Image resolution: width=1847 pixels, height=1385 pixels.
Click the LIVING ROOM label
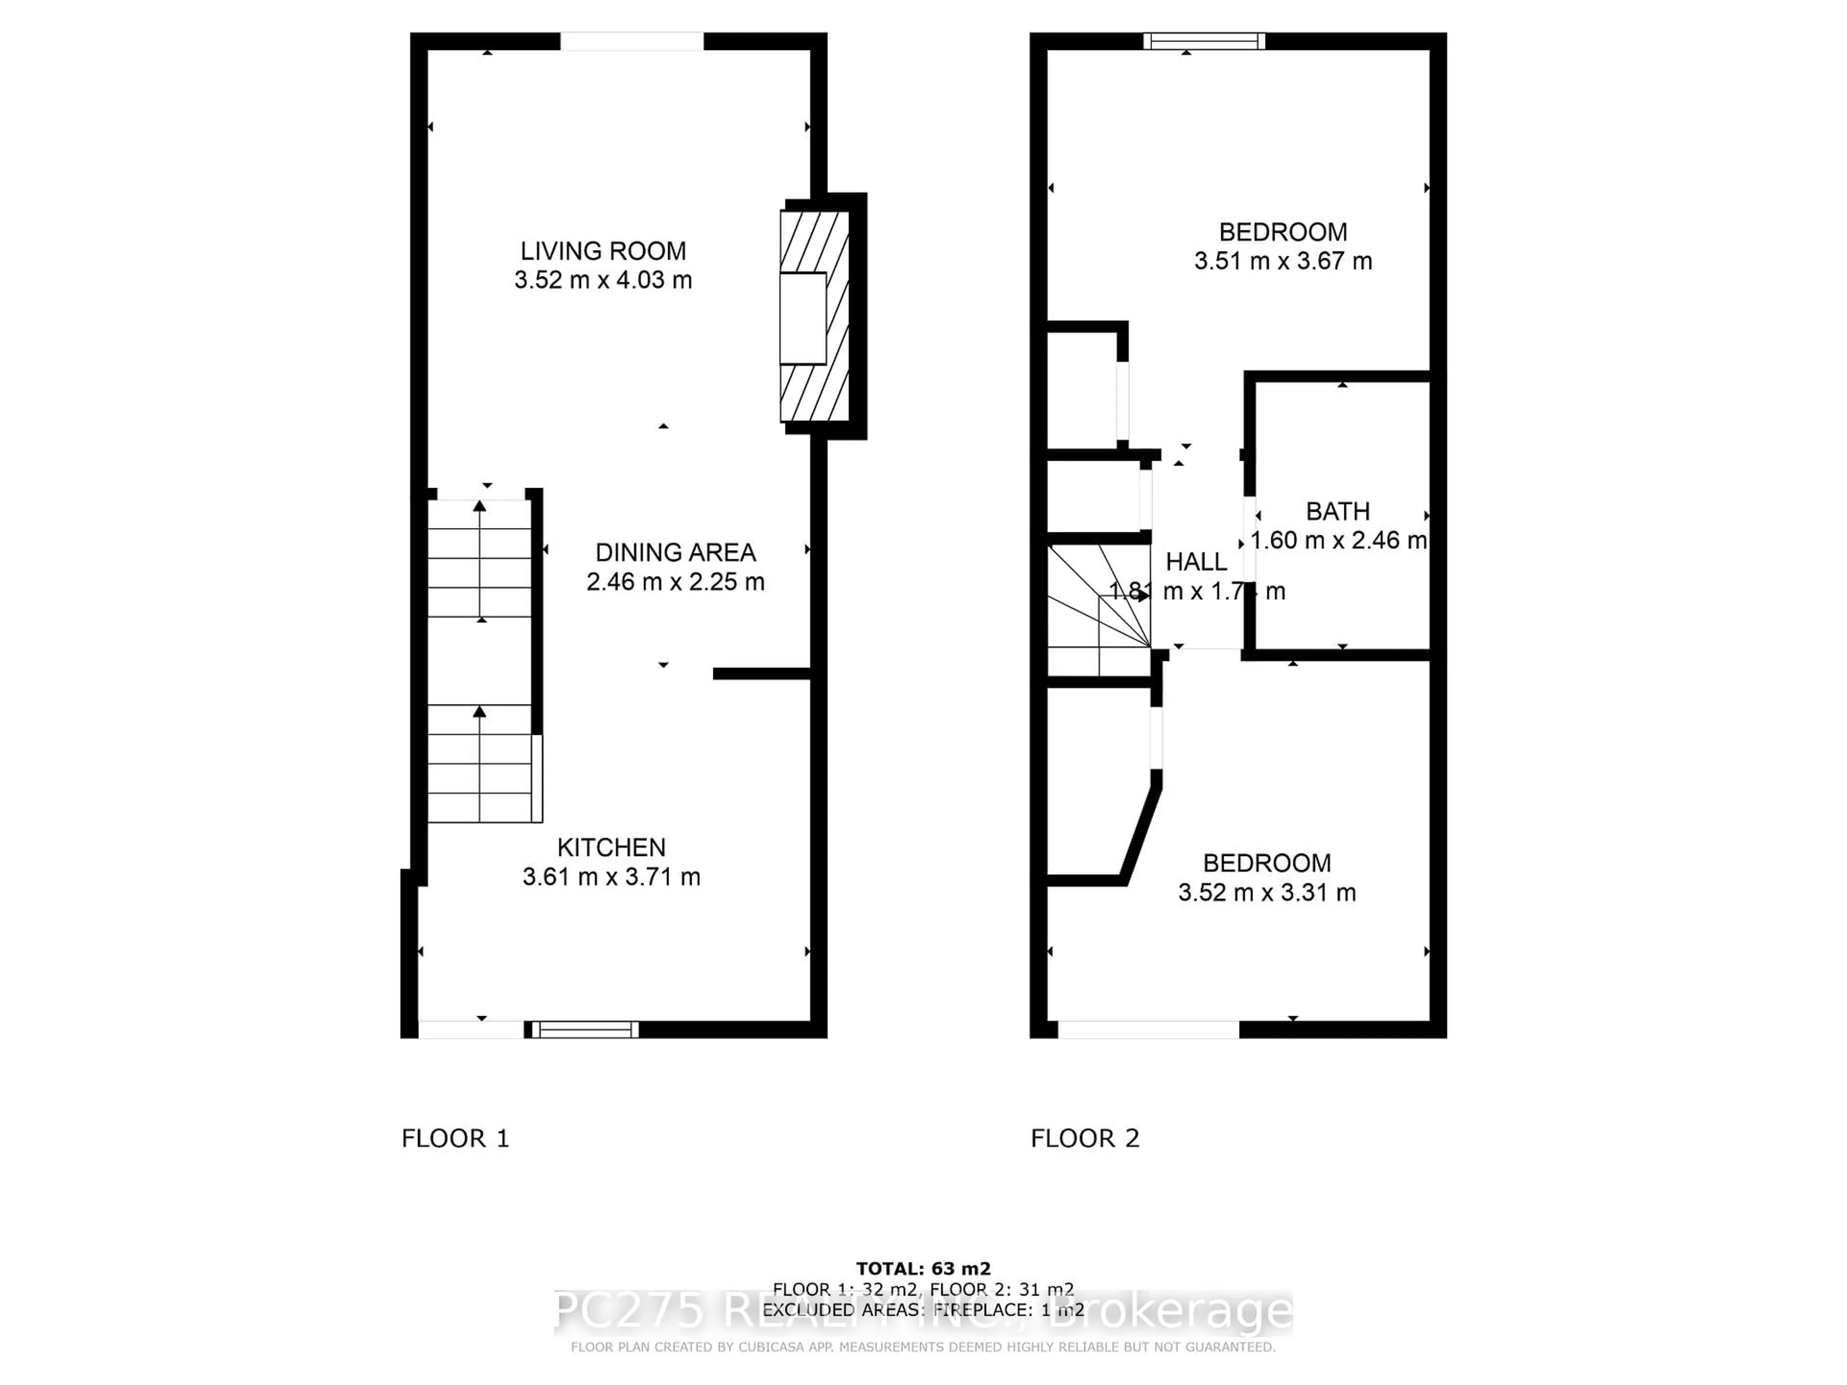(x=603, y=251)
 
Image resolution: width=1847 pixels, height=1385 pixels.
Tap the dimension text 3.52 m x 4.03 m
(x=603, y=280)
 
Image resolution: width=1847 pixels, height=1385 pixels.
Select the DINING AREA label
(x=675, y=552)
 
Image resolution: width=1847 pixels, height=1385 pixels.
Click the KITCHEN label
(x=611, y=847)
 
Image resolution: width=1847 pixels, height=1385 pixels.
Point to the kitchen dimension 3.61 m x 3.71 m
(x=611, y=877)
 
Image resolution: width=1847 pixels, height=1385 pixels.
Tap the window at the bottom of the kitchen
(x=584, y=1029)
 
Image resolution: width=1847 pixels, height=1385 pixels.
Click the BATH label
(x=1338, y=511)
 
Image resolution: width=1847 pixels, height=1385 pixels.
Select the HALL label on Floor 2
(x=1196, y=562)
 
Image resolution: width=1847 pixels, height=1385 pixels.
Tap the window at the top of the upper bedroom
(x=1204, y=41)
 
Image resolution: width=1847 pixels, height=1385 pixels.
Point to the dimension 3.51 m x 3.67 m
(x=1282, y=261)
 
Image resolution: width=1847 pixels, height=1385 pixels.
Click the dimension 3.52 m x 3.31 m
(x=1266, y=893)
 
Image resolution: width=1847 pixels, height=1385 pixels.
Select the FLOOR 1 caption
(x=455, y=1138)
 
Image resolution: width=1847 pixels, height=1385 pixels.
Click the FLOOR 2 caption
(x=1085, y=1138)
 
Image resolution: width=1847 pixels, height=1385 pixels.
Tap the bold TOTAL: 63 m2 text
(x=923, y=1270)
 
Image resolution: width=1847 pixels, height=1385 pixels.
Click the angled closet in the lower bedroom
(x=1094, y=785)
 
